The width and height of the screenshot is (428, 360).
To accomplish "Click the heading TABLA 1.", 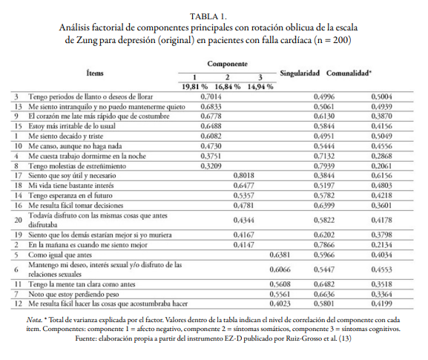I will (214, 15).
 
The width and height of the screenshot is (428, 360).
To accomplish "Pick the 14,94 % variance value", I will (260, 86).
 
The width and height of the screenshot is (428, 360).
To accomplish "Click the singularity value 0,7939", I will (324, 165).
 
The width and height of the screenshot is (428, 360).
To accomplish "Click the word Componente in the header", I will (227, 65).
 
